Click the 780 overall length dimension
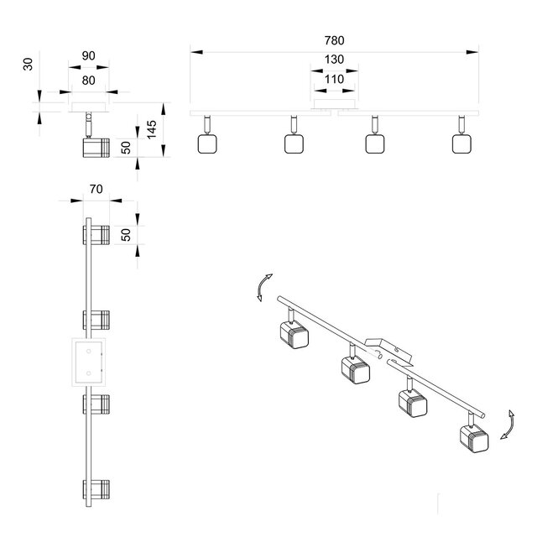point(334,40)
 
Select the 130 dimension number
point(334,60)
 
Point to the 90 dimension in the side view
point(88,56)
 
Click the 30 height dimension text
point(28,65)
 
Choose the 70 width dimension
point(96,190)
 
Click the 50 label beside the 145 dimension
point(126,148)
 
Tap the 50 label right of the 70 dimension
point(127,234)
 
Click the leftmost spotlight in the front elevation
point(206,143)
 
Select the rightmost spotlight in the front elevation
point(461,143)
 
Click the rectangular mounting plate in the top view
point(88,362)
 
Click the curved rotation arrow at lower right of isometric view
point(506,425)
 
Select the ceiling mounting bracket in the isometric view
point(388,350)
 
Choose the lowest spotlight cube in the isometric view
point(472,438)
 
